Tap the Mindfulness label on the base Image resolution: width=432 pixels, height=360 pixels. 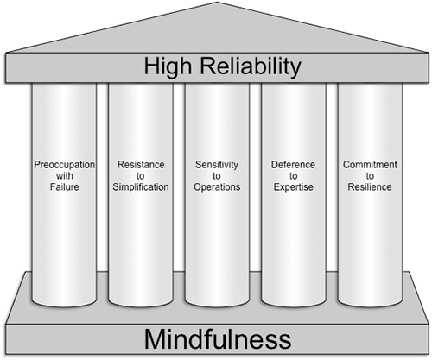(216, 338)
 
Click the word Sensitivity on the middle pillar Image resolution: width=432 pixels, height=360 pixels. (215, 163)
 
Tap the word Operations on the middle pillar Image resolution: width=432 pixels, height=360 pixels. (215, 187)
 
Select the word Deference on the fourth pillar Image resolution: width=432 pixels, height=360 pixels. (293, 163)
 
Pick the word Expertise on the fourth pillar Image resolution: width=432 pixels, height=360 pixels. (293, 187)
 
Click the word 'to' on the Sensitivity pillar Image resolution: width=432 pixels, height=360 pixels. (215, 175)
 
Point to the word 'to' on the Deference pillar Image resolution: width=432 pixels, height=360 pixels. (293, 175)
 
